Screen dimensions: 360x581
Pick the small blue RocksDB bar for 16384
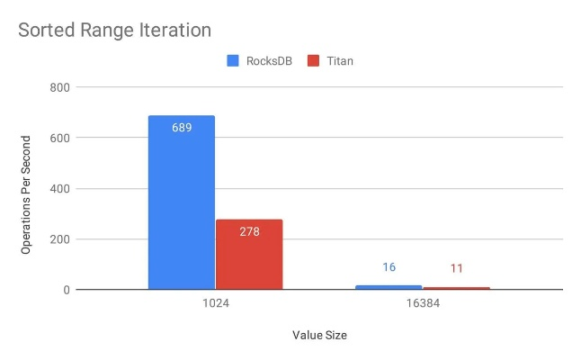click(x=389, y=287)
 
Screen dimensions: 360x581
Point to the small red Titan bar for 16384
click(x=457, y=288)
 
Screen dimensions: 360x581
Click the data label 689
click(x=182, y=128)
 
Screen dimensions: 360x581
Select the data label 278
click(x=249, y=231)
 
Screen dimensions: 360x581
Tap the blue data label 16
click(x=389, y=268)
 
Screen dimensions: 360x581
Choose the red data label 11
click(x=457, y=268)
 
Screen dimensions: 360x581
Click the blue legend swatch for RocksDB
click(x=231, y=61)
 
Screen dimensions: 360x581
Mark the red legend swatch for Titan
click(x=314, y=61)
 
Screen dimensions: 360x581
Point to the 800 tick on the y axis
click(x=62, y=87)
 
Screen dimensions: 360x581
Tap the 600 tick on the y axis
click(x=62, y=138)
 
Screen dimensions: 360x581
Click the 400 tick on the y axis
click(x=62, y=189)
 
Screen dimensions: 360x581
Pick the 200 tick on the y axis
click(x=62, y=239)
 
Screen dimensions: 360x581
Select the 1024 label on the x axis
click(x=216, y=304)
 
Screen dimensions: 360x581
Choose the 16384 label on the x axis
click(x=423, y=304)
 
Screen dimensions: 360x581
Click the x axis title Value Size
click(x=319, y=336)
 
